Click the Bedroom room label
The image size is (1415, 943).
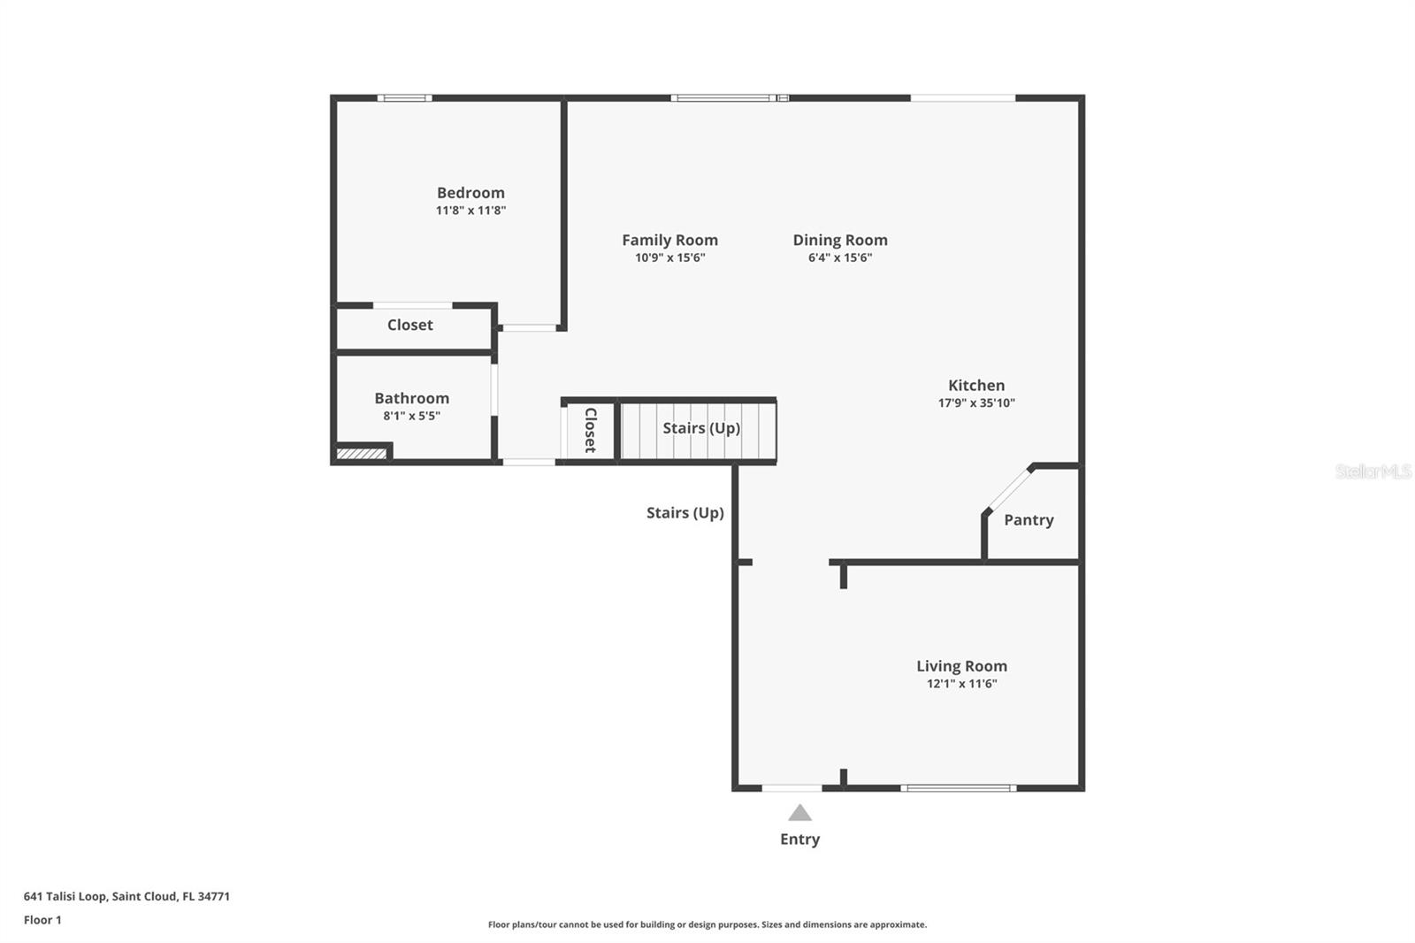tap(470, 193)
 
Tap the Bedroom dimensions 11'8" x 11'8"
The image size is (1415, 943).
tap(470, 211)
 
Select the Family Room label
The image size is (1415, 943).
tap(669, 240)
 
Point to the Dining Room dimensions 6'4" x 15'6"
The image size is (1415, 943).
tap(839, 257)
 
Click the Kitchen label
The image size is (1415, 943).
tap(975, 385)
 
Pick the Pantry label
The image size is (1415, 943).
tap(1029, 520)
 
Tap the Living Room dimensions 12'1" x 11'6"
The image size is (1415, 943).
tap(961, 684)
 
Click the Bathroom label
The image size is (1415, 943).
tap(411, 398)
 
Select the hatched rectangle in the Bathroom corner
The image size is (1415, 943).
tap(362, 454)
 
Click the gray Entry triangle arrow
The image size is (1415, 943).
tap(799, 813)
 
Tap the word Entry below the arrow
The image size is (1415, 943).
tap(799, 839)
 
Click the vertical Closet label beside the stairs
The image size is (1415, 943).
tap(590, 430)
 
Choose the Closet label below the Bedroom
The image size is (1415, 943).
tap(409, 325)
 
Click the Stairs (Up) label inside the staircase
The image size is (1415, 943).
tap(700, 428)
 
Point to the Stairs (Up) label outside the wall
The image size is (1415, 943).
tap(685, 513)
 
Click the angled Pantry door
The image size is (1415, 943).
tap(1008, 489)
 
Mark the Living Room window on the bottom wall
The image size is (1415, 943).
tap(958, 787)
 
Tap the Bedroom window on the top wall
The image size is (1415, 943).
tap(404, 98)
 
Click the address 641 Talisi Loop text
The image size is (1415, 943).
tap(126, 896)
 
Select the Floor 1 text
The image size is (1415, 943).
tap(42, 920)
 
